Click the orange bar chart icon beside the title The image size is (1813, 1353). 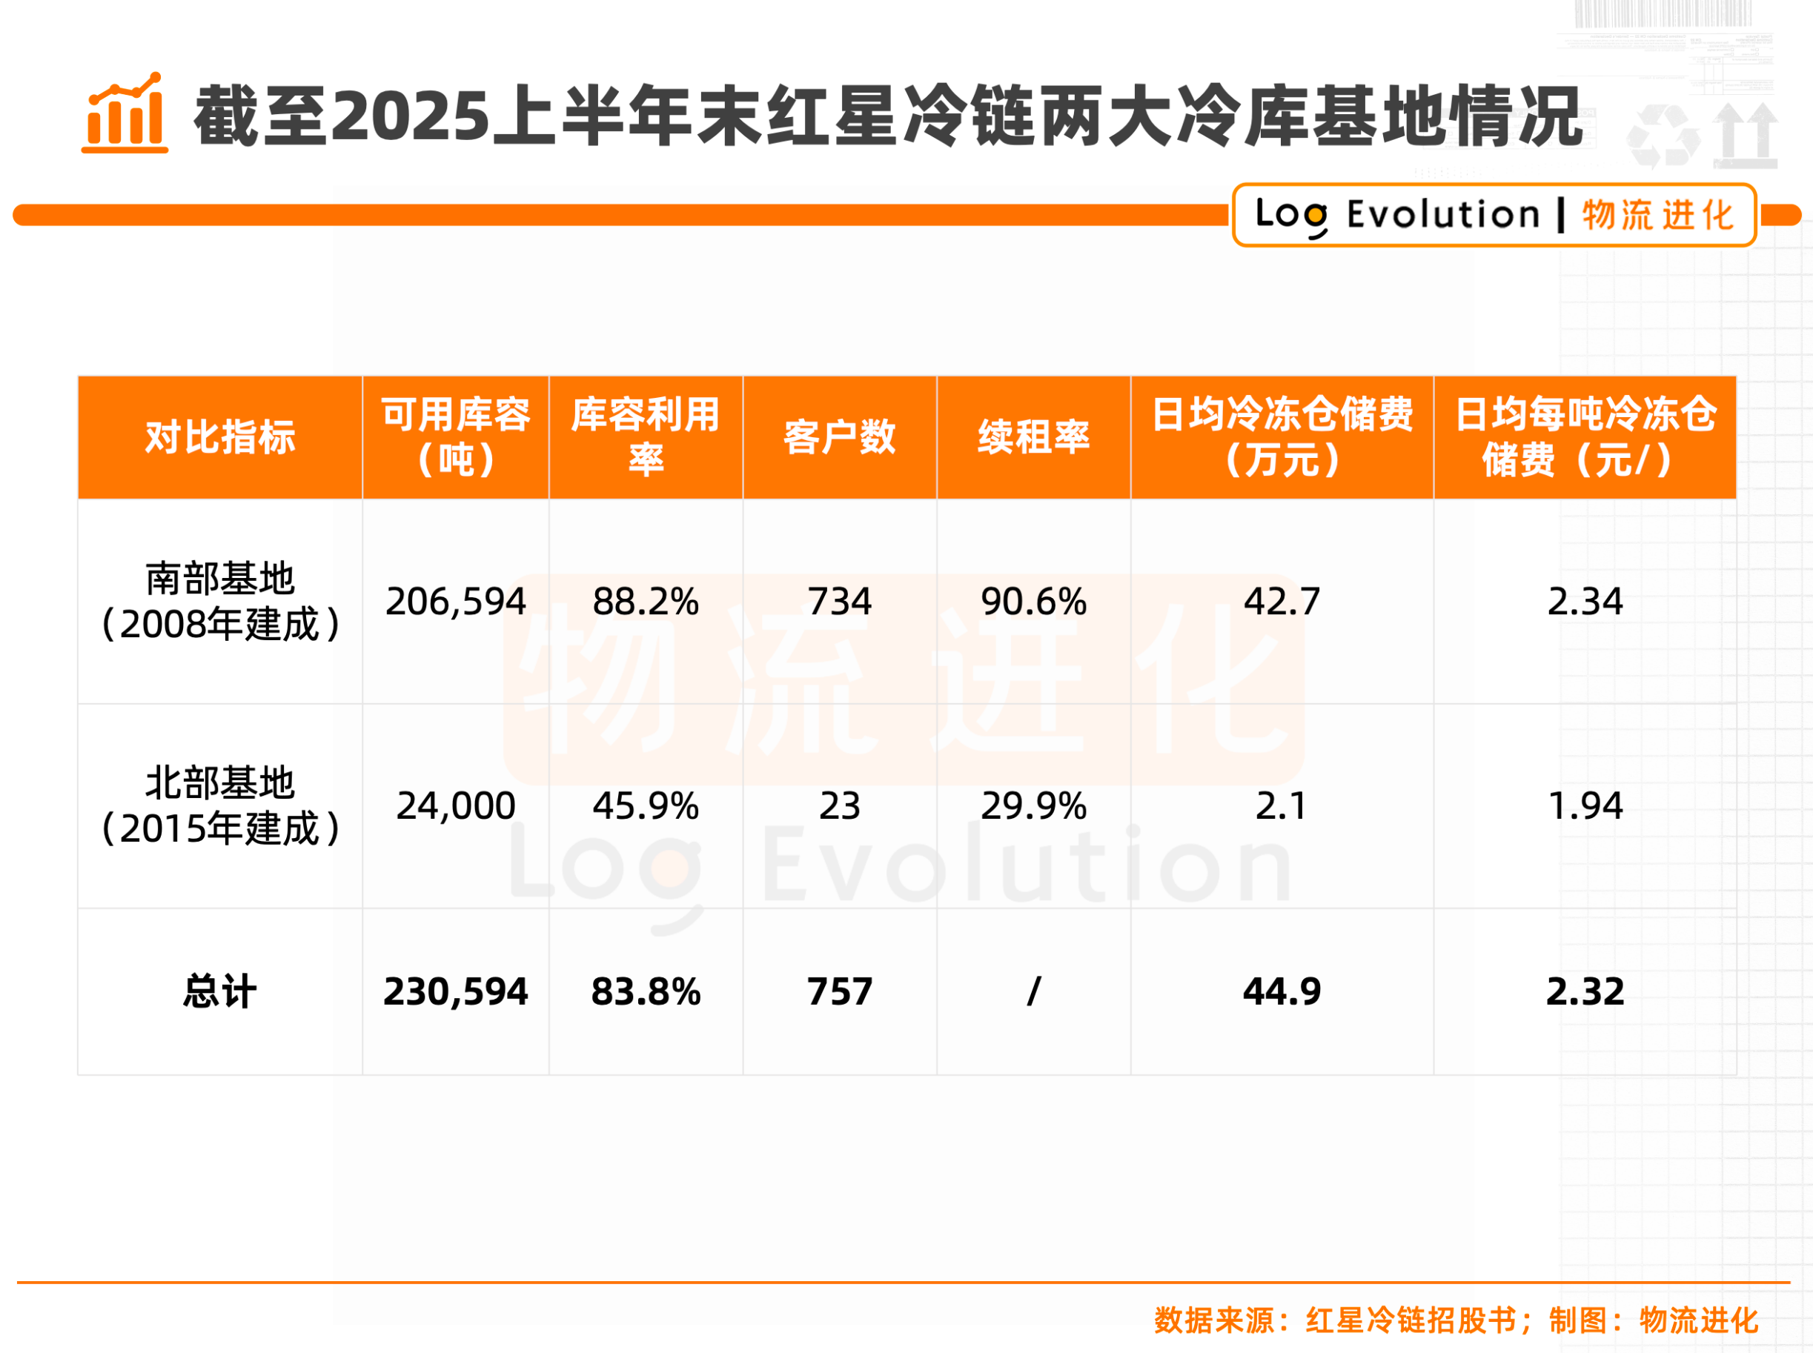click(125, 114)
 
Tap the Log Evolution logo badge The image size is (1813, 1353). click(1494, 215)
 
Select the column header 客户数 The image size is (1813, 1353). click(839, 436)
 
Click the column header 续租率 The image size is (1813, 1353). click(1033, 436)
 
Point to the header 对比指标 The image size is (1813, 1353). click(219, 436)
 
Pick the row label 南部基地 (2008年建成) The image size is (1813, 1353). click(219, 601)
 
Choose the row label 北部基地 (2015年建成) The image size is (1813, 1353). click(219, 805)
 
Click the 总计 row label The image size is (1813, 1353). click(219, 991)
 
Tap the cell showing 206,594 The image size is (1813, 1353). click(456, 601)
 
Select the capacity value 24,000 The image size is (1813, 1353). click(456, 805)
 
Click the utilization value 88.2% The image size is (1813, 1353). click(646, 601)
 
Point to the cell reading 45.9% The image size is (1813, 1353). click(646, 805)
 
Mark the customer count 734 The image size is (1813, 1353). click(839, 601)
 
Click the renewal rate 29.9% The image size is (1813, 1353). click(1033, 805)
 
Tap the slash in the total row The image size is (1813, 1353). click(1033, 991)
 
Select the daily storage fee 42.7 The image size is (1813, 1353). click(1282, 601)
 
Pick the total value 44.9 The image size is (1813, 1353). click(1282, 991)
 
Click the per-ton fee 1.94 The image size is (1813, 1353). click(1585, 805)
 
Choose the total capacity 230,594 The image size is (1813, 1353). click(456, 991)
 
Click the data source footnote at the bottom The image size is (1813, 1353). click(1455, 1320)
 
